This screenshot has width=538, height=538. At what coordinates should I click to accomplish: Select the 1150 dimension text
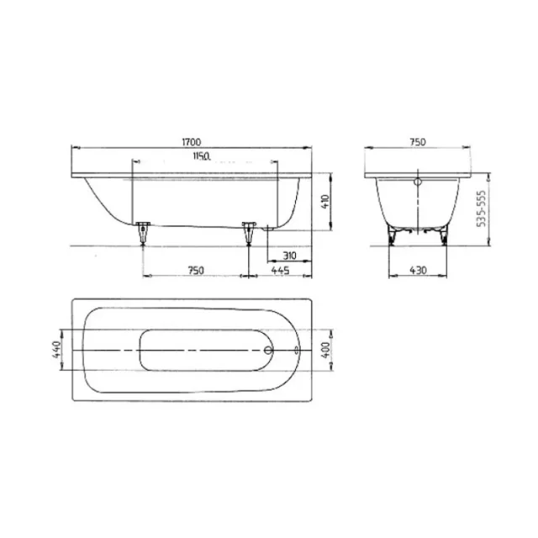pos(200,156)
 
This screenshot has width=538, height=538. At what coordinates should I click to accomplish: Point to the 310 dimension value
pos(290,255)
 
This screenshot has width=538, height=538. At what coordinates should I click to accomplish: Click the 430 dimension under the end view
pos(416,269)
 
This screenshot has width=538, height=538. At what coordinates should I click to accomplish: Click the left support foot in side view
pos(142,229)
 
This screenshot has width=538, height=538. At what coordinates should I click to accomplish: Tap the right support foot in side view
pos(248,229)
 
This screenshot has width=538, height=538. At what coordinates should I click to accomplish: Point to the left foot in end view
pos(392,233)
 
